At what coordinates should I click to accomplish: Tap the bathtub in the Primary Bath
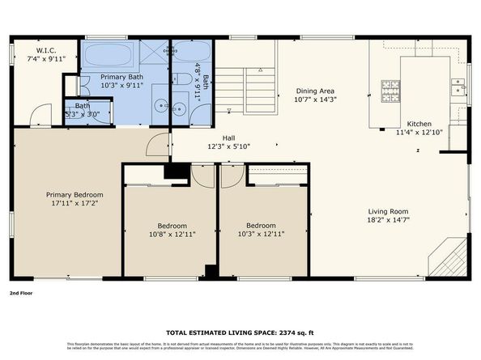[x=110, y=56]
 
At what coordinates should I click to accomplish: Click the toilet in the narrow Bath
[x=184, y=80]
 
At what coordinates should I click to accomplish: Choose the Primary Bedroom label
[x=74, y=195]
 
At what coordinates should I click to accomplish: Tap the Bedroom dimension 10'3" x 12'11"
[x=261, y=235]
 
